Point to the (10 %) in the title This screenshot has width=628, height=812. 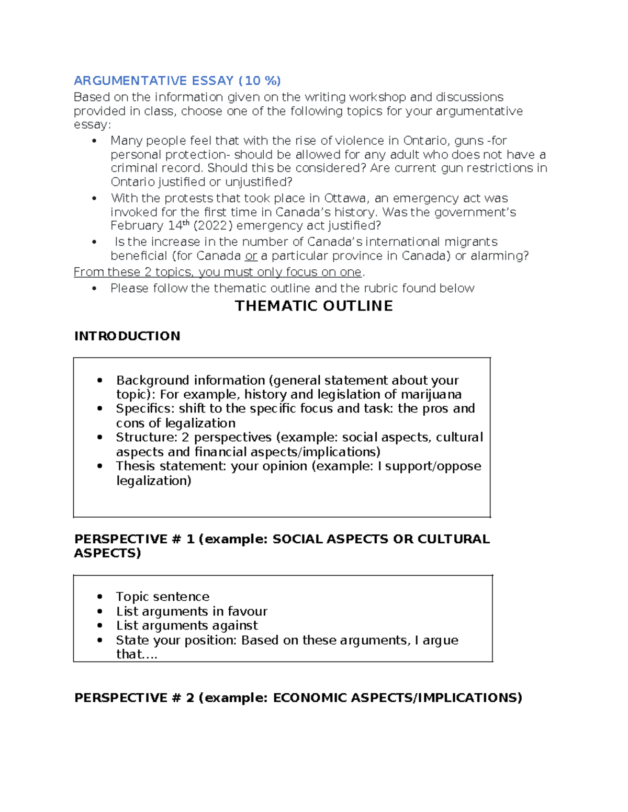pos(260,81)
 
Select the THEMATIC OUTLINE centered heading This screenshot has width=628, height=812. pos(314,306)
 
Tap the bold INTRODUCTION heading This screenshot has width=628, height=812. pos(127,336)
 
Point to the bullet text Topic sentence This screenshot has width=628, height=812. pos(162,597)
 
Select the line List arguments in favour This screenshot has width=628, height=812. pos(192,611)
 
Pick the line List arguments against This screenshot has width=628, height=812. pos(187,625)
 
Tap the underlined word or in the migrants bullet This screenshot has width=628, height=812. pos(251,256)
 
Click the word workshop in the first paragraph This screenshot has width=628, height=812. pos(377,97)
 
